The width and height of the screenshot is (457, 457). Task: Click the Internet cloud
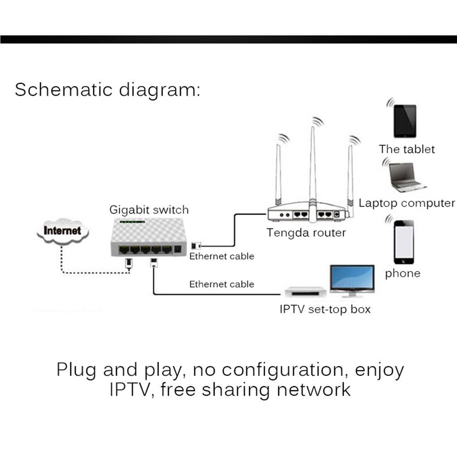coord(63,231)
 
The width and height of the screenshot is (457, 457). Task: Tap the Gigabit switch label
coord(149,210)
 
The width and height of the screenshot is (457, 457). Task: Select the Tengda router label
coord(306,233)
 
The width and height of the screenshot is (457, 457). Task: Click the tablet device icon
coord(405,121)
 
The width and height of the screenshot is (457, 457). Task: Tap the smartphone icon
coord(404,242)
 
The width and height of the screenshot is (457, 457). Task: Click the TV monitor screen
coord(352,278)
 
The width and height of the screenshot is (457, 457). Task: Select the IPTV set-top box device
coord(305,293)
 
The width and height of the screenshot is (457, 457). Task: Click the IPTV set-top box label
coord(325,309)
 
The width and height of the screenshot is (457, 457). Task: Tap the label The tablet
coord(407,149)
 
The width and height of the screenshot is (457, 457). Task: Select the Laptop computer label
coord(407,203)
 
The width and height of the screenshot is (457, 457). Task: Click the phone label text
coord(403,273)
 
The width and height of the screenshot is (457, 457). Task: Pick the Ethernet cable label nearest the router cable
coord(221,256)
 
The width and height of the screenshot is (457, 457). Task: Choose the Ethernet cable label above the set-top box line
coord(221,284)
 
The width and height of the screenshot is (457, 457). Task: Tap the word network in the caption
coord(313,389)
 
